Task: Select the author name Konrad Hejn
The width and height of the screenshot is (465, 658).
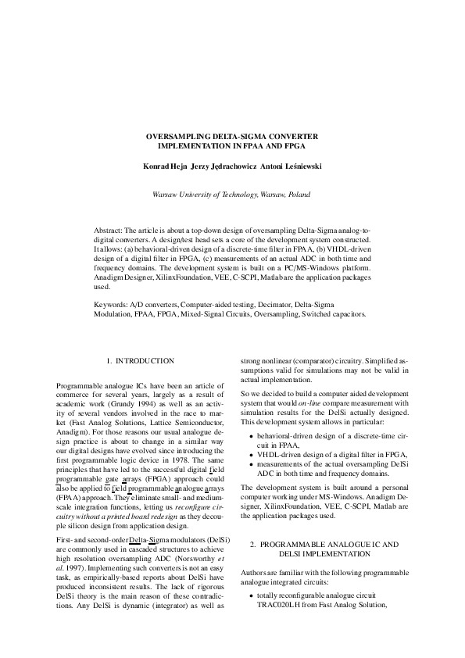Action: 164,166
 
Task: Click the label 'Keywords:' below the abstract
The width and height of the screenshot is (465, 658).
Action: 110,303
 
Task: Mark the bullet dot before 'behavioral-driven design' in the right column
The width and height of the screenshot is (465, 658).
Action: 250,433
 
